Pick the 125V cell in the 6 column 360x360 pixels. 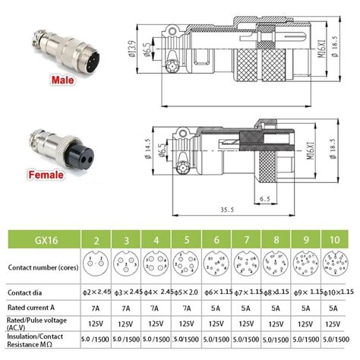216,323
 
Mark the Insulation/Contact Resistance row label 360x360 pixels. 36,341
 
